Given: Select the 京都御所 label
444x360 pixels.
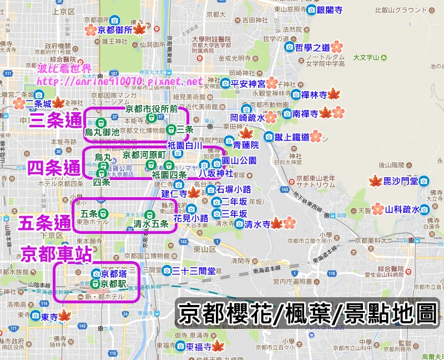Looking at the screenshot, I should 115,30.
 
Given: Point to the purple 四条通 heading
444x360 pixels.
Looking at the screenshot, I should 54,167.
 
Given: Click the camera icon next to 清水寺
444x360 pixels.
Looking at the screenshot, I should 239,224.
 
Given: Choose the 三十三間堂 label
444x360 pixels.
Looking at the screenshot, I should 193,271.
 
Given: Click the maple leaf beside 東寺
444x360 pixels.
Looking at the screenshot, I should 64,316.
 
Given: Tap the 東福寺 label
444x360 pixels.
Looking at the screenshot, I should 199,347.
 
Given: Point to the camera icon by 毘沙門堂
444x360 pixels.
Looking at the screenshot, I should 425,181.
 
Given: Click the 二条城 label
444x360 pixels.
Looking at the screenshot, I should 39,103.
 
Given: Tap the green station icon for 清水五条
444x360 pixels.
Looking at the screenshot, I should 149,215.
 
